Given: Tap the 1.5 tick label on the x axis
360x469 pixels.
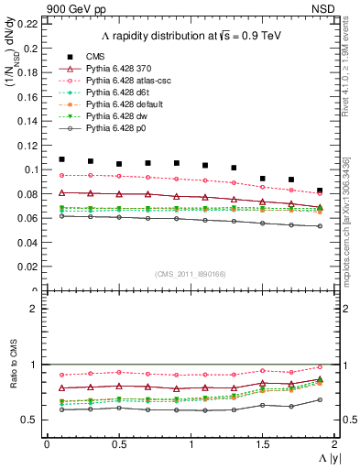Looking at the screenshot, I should [263, 444].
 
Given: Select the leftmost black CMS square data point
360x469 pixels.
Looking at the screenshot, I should [61, 159].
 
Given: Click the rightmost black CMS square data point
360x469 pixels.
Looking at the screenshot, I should [320, 191].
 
